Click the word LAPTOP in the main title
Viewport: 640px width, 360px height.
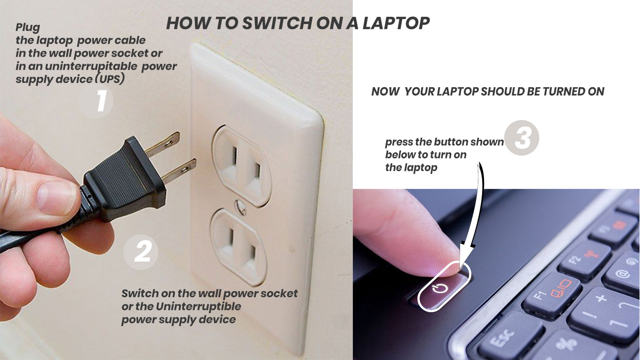396,23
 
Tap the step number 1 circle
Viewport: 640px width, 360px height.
96,101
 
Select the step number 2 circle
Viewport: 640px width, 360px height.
141,252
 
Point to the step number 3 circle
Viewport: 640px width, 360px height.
522,138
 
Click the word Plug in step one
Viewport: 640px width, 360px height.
28,28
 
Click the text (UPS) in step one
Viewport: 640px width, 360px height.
110,79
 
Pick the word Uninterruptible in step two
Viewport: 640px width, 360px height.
198,307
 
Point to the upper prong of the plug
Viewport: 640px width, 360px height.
162,144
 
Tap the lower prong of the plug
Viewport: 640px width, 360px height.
179,171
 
